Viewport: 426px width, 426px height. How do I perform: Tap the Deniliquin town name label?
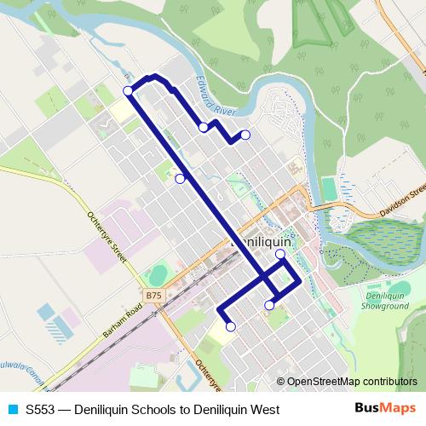pyautogui.click(x=262, y=242)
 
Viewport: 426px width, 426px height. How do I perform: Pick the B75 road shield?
pyautogui.click(x=153, y=296)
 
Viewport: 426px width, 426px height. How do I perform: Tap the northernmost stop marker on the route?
pyautogui.click(x=128, y=90)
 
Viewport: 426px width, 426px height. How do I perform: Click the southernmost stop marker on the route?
pyautogui.click(x=230, y=326)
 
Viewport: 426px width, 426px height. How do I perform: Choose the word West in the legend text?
pyautogui.click(x=264, y=409)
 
